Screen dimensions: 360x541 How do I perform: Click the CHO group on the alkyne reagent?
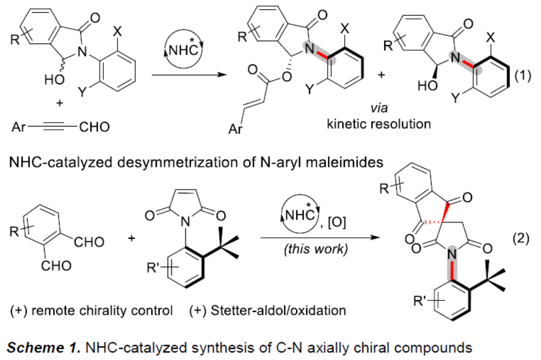click(92, 126)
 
